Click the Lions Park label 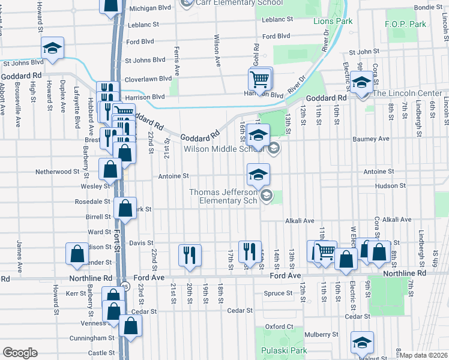pos(333,21)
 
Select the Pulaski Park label pos(276,350)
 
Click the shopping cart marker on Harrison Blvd pos(259,79)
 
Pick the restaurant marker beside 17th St pos(247,251)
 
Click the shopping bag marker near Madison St pos(77,255)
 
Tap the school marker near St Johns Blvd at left pos(52,49)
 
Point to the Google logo pos(20,353)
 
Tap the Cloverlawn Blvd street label pos(148,79)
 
